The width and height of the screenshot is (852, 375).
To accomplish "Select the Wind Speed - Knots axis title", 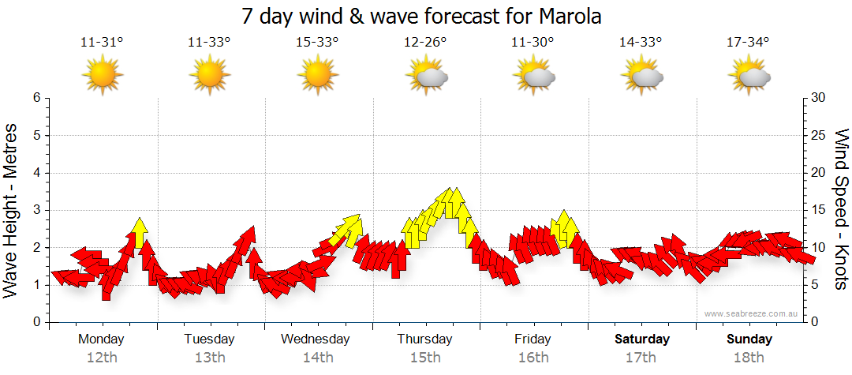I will [x=841, y=209].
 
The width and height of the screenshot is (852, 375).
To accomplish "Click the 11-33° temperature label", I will [x=209, y=43].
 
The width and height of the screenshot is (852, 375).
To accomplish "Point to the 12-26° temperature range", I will [x=425, y=43].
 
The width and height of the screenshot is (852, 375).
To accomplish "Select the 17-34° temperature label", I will [x=748, y=43].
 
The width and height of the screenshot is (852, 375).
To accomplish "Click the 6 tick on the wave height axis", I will [x=36, y=98].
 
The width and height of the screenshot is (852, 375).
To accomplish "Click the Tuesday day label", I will [x=209, y=339].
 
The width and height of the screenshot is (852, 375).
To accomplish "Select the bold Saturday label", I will [x=642, y=339].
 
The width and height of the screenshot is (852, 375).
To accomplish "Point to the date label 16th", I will [x=533, y=358].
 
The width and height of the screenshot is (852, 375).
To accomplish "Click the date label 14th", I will [x=317, y=358].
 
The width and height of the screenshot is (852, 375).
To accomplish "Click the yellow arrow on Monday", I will [x=140, y=231].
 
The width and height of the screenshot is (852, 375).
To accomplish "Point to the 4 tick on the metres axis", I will [x=36, y=173].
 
